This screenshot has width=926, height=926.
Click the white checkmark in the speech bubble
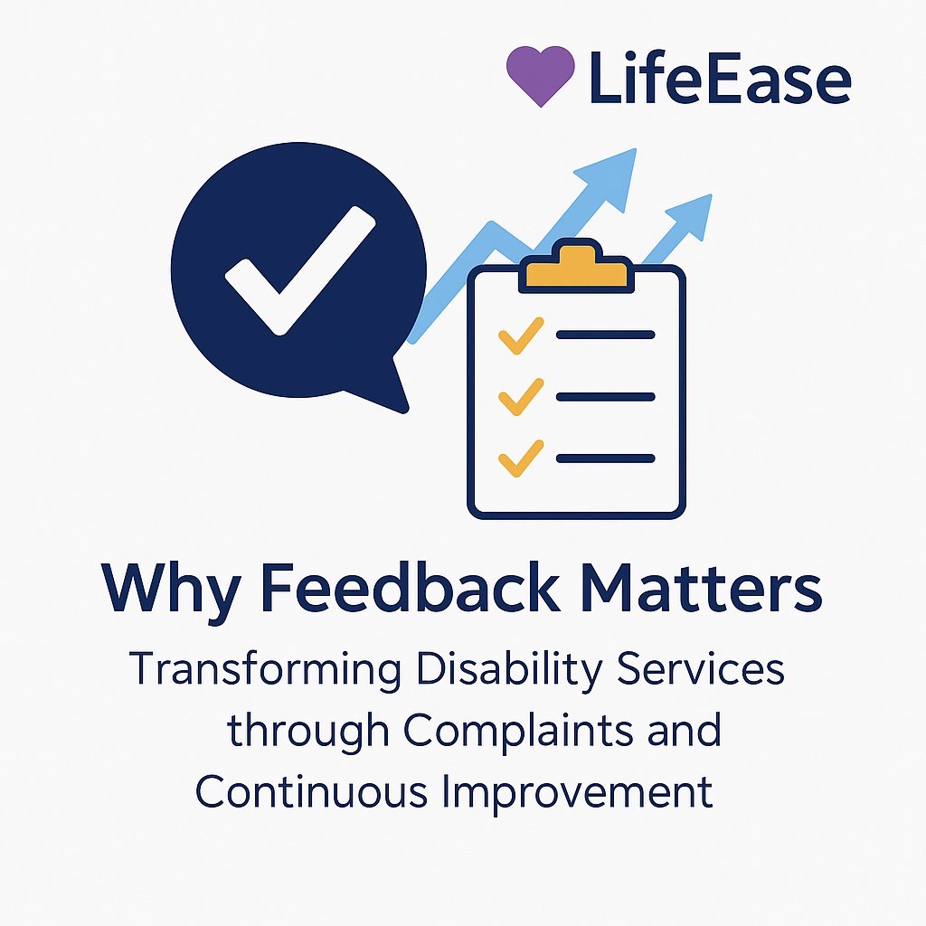(x=298, y=269)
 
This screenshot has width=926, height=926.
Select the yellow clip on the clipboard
(x=574, y=266)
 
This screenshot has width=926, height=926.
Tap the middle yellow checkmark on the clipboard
(x=521, y=397)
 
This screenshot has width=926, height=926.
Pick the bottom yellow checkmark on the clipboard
(x=521, y=458)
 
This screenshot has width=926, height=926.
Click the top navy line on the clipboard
(x=605, y=335)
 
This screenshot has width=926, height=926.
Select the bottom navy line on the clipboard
(x=605, y=458)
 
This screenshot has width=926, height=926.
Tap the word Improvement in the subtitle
(x=578, y=792)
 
